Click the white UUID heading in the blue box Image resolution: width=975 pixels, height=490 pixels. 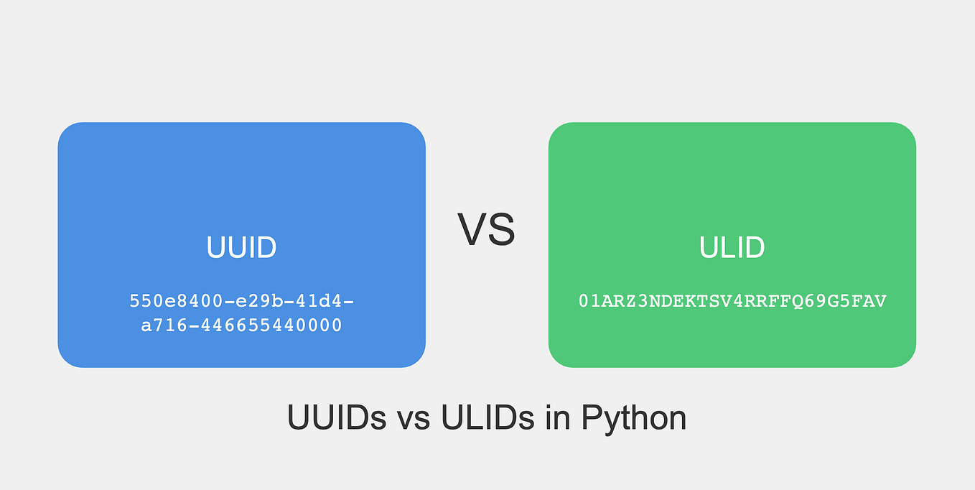pos(241,248)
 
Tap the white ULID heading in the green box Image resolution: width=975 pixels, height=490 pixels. pos(732,248)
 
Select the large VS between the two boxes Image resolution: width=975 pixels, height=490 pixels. pos(486,229)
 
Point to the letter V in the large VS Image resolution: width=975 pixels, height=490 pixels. pos(472,229)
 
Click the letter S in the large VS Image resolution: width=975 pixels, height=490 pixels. pos(501,229)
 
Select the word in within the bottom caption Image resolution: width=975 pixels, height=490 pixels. pos(557,417)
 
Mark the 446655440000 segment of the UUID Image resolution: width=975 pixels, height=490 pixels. pos(271,326)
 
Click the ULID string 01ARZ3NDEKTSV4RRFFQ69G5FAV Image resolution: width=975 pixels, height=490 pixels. pos(732,302)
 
